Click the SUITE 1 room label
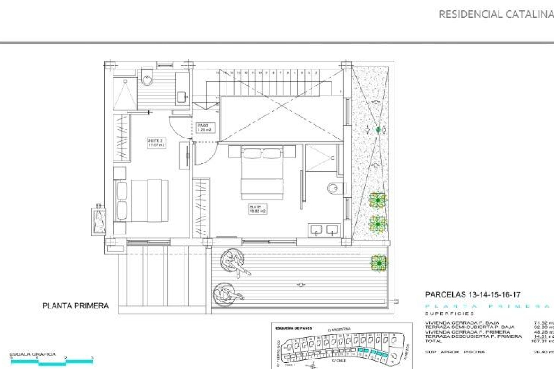coord(257,209)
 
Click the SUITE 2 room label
coord(156,143)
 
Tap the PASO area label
coord(204,127)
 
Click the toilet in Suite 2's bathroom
coord(148,77)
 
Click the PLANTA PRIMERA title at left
coord(76,306)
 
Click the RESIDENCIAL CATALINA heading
coord(496,14)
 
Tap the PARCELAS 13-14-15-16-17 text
coord(473,295)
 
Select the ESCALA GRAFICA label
coord(32,354)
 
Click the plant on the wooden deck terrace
coord(379,263)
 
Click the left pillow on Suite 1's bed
coord(252,153)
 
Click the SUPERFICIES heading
coord(449,314)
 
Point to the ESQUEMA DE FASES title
coord(294,328)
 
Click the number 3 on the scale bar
coord(92,358)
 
